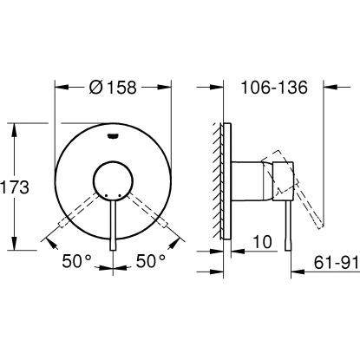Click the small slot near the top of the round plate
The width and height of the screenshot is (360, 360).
tap(113, 134)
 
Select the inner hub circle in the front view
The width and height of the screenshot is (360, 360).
tap(113, 178)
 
